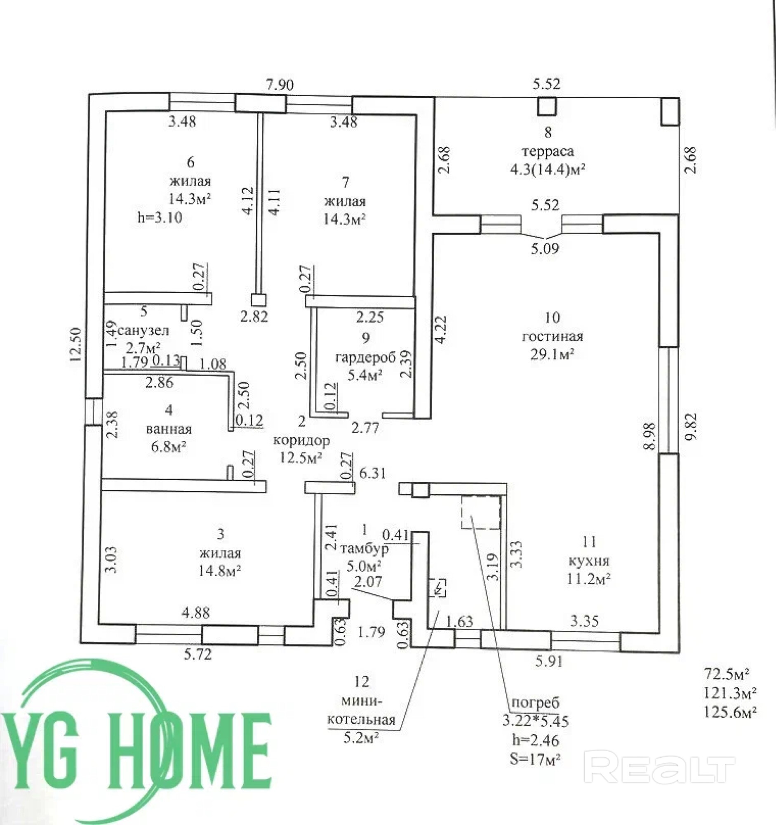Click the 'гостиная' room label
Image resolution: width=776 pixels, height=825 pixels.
[x=552, y=336]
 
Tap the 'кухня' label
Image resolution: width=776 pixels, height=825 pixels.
[x=589, y=561]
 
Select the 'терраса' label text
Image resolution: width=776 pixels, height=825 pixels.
[x=548, y=151]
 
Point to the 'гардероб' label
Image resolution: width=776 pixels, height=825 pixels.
[x=365, y=357]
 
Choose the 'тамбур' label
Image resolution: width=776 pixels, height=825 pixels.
[x=364, y=549]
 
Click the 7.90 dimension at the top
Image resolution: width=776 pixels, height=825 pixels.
[x=280, y=85]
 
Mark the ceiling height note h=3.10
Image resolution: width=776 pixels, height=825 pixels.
[x=160, y=217]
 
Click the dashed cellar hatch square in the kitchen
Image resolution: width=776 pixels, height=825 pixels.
[x=481, y=512]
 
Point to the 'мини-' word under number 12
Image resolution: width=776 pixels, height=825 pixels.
[x=361, y=702]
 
